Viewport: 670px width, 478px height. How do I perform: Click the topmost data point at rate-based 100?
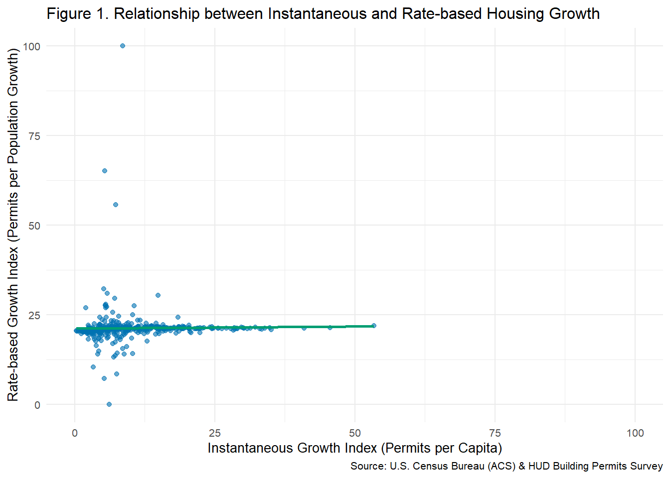pos(123,46)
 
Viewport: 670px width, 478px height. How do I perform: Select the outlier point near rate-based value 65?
pos(105,171)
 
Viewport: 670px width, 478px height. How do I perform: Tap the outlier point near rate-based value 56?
pos(116,205)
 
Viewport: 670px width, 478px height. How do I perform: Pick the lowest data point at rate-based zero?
pos(109,404)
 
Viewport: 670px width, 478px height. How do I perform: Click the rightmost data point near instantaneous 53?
pos(374,326)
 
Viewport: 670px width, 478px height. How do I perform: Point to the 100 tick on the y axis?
pos(31,46)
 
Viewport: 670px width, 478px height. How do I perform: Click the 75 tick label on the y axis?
pos(34,136)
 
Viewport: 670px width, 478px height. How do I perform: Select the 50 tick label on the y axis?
pos(34,226)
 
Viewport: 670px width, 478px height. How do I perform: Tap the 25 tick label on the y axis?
pos(34,315)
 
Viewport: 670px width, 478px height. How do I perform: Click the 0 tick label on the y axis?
pos(37,405)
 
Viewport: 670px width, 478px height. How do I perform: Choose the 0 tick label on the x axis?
pos(75,433)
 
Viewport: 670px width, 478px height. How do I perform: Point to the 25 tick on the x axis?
pos(215,433)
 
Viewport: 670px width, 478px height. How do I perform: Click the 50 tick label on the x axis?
pos(355,433)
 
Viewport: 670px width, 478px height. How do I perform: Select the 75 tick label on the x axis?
pos(495,433)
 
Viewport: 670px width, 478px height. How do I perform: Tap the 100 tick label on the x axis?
pos(635,433)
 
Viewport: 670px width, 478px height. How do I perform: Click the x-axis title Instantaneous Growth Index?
pos(354,448)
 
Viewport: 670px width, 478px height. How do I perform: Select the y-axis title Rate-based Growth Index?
pos(13,224)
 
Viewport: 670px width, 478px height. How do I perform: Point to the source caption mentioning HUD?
pos(506,466)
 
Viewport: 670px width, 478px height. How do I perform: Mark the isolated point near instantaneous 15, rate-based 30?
pos(158,295)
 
